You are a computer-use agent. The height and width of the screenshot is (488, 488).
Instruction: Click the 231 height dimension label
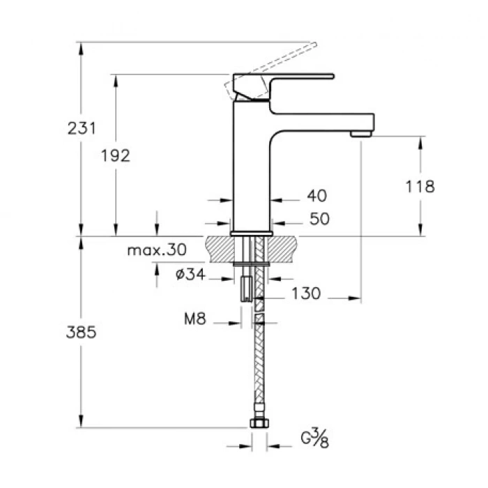(82, 128)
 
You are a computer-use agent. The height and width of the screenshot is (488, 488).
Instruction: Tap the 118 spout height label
(420, 186)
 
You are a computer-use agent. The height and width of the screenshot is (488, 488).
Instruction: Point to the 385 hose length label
(82, 333)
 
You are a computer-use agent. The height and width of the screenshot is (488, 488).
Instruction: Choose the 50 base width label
(319, 219)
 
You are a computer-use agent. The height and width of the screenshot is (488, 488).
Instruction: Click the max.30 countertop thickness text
(158, 250)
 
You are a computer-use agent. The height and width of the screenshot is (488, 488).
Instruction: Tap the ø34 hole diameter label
(189, 275)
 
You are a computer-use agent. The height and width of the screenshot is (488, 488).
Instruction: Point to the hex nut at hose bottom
(258, 423)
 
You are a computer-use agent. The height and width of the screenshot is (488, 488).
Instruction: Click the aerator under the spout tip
(360, 132)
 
